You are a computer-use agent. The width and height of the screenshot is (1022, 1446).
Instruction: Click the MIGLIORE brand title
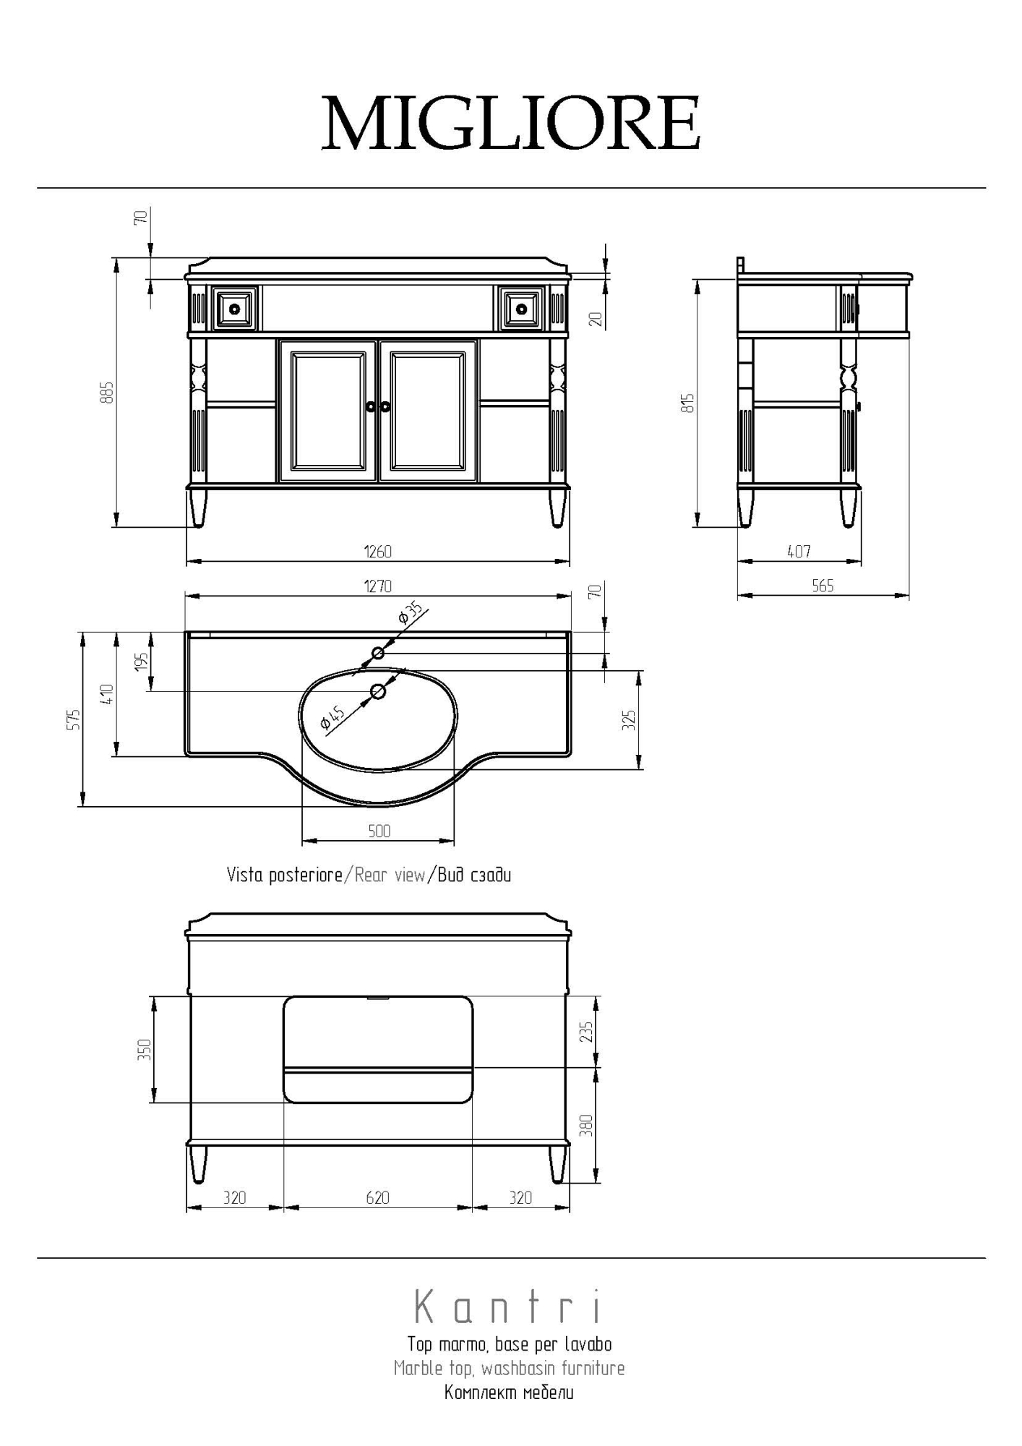click(x=511, y=123)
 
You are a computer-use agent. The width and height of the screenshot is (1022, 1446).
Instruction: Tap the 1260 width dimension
click(x=377, y=552)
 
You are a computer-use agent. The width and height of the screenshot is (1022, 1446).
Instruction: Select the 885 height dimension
click(x=107, y=392)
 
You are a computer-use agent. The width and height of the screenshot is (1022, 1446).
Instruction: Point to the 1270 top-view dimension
click(x=377, y=586)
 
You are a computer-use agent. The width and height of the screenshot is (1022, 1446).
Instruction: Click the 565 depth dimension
click(x=823, y=586)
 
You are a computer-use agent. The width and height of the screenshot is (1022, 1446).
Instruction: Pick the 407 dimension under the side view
click(x=799, y=552)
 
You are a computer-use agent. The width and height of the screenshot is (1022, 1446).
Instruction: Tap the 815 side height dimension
click(x=689, y=403)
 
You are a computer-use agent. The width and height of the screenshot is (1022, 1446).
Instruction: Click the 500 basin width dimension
click(x=379, y=831)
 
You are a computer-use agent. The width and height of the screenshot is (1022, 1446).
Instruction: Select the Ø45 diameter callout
click(x=332, y=718)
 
